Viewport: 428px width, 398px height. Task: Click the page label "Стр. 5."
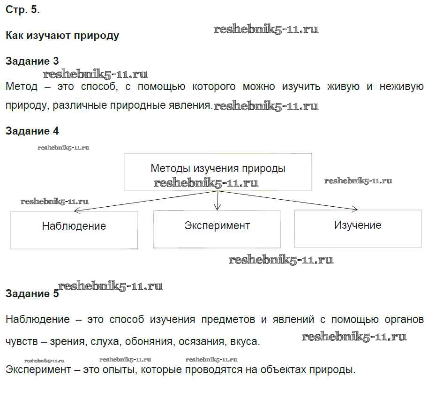coord(23,9)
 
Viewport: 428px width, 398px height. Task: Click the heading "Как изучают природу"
coord(62,36)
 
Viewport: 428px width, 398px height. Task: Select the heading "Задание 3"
coord(32,61)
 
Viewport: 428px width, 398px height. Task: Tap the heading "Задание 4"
coord(32,131)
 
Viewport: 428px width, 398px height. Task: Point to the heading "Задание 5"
coord(32,293)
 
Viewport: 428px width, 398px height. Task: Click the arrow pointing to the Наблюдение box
coord(146,201)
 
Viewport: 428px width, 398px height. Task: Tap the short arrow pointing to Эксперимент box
coord(218,201)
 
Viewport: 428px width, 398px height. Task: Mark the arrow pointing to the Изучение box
coord(288,200)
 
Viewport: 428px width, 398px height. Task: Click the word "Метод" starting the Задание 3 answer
coord(21,87)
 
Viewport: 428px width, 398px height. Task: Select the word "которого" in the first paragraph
coord(214,87)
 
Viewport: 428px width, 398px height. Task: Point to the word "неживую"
coord(402,87)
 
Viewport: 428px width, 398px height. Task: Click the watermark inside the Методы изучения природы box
coord(206,183)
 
